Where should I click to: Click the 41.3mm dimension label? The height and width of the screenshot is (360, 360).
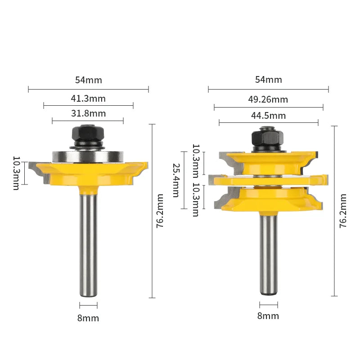pyautogui.click(x=88, y=99)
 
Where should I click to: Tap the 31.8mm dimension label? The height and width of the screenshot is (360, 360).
pyautogui.click(x=88, y=113)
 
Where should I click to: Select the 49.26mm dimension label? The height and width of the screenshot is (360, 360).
pyautogui.click(x=268, y=99)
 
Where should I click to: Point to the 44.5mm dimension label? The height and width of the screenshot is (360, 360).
pyautogui.click(x=268, y=116)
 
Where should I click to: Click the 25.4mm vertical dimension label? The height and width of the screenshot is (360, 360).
pyautogui.click(x=176, y=180)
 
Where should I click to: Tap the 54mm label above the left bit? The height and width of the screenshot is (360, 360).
pyautogui.click(x=89, y=80)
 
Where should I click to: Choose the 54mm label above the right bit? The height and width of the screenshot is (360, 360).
pyautogui.click(x=269, y=80)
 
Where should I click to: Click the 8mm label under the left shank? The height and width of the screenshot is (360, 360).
pyautogui.click(x=88, y=318)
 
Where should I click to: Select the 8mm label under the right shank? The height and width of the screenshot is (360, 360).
pyautogui.click(x=268, y=316)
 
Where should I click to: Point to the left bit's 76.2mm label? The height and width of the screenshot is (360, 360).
pyautogui.click(x=160, y=211)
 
